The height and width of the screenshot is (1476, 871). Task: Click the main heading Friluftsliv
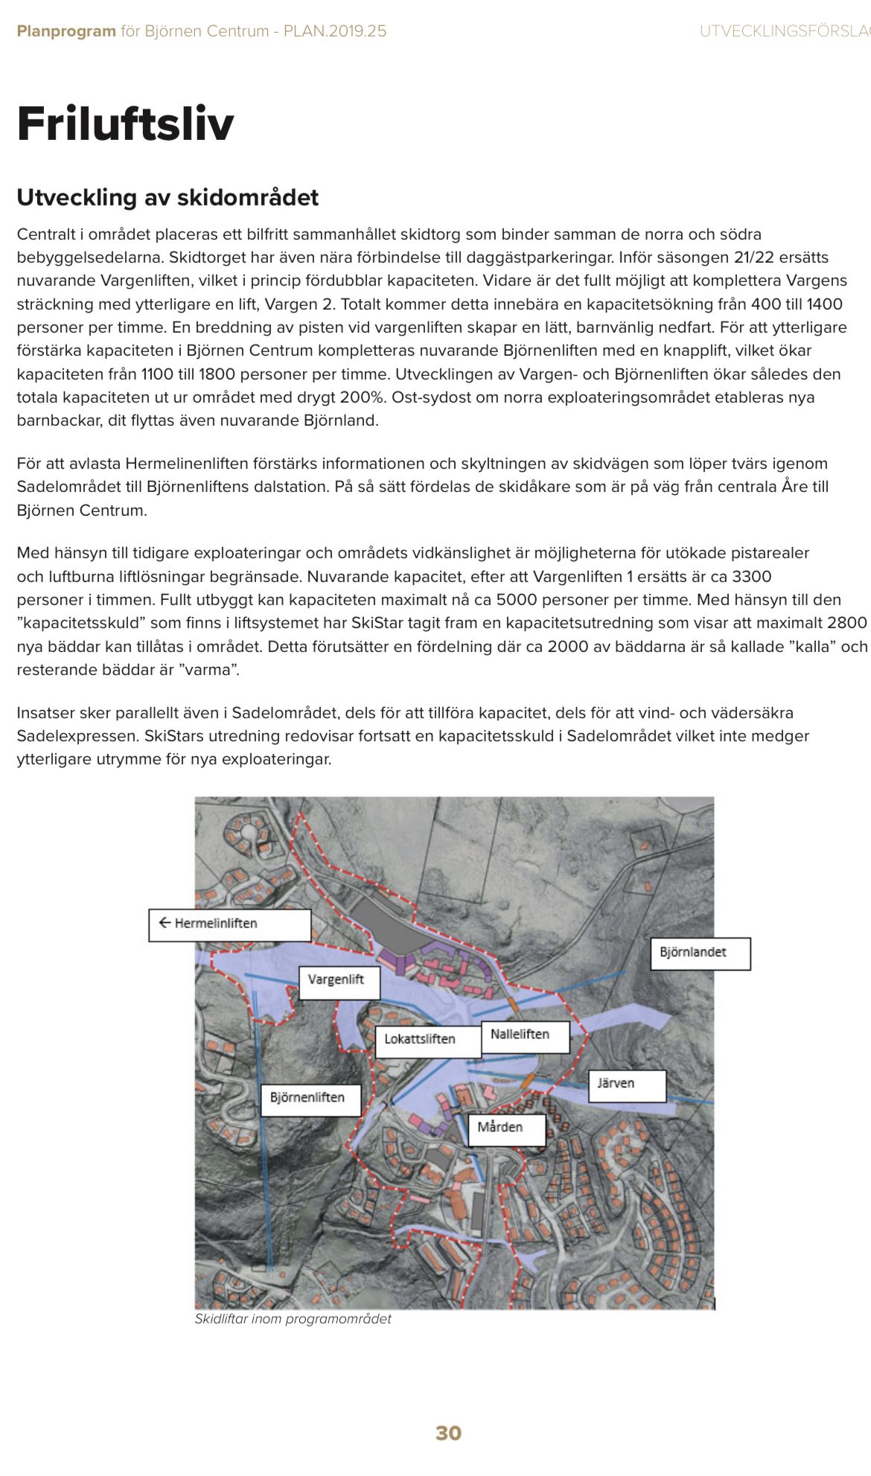pyautogui.click(x=125, y=124)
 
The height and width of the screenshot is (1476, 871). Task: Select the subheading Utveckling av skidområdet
pyautogui.click(x=167, y=197)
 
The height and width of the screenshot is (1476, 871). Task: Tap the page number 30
pyautogui.click(x=448, y=1433)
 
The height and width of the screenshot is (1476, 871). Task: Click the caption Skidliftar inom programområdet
pyautogui.click(x=293, y=1319)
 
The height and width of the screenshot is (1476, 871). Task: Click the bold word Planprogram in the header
pyautogui.click(x=66, y=31)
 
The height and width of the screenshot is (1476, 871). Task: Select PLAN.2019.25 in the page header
pyautogui.click(x=335, y=31)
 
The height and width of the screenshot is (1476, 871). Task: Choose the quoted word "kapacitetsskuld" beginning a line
pyautogui.click(x=80, y=623)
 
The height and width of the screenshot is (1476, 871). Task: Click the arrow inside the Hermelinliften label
pyautogui.click(x=165, y=923)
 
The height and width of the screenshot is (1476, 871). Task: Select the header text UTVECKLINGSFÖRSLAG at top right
pyautogui.click(x=785, y=31)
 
